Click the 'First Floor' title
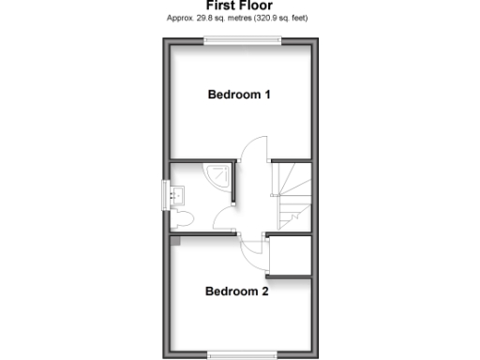tap(239, 6)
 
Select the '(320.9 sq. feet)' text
tap(277, 18)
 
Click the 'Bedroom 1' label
tap(239, 95)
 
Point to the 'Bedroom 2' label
tap(237, 292)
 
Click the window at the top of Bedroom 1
tap(244, 39)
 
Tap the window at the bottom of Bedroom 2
tap(243, 353)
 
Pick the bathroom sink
tap(178, 195)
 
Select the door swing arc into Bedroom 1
tap(251, 150)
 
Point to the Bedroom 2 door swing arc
tap(253, 250)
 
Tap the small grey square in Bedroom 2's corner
tap(173, 240)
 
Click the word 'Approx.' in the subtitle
tap(179, 18)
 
